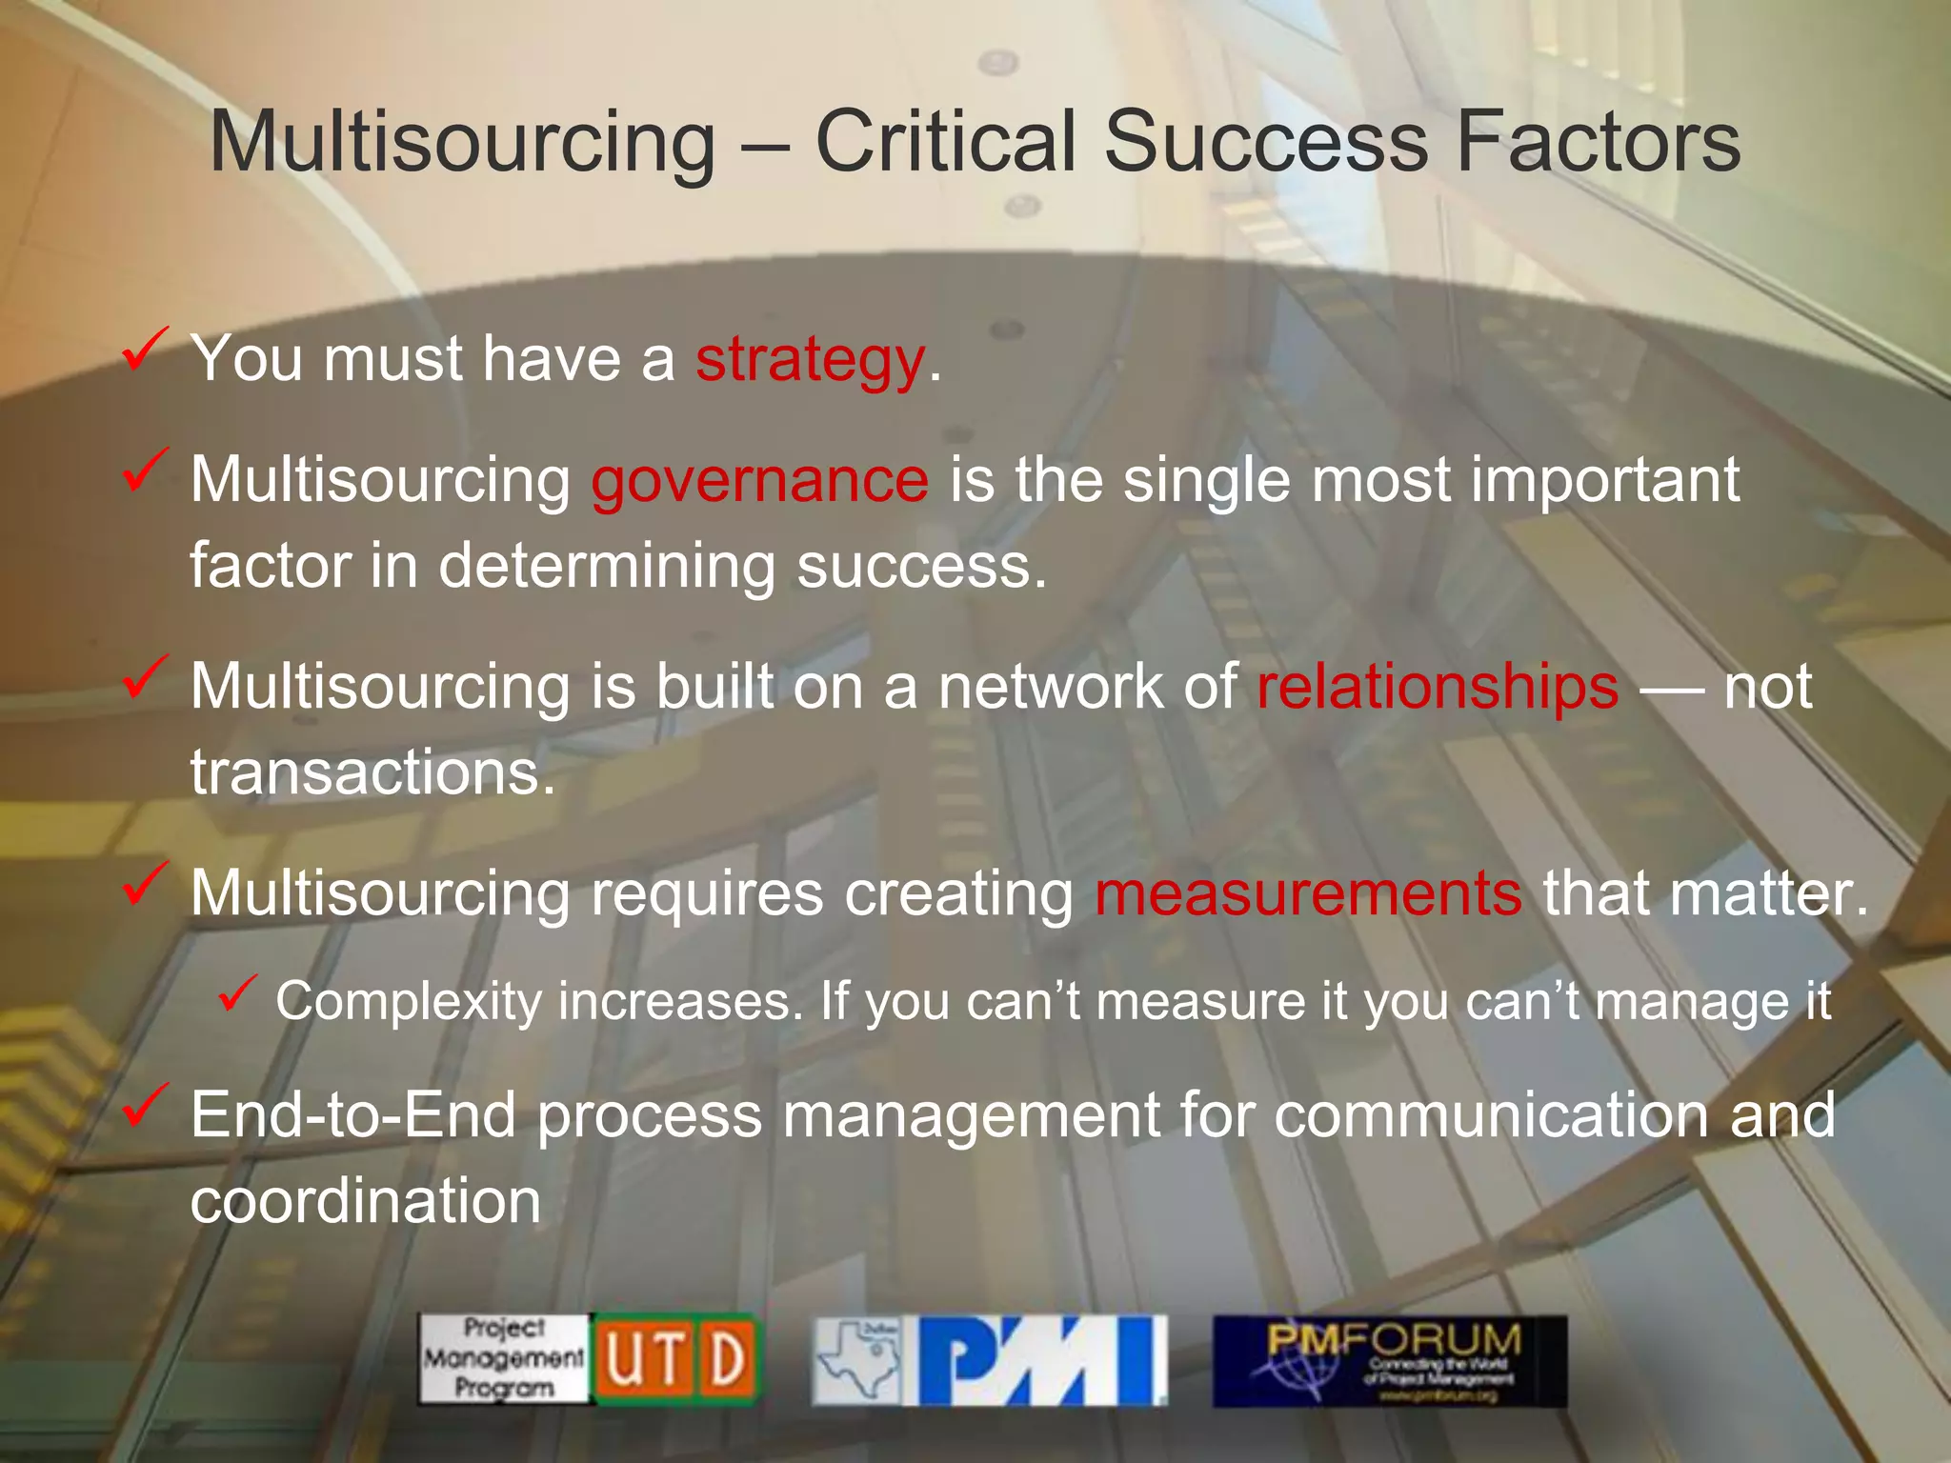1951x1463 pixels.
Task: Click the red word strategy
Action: tap(810, 361)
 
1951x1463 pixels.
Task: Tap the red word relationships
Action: tap(1438, 687)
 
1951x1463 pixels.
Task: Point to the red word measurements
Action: tap(1308, 893)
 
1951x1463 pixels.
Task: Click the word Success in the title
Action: tap(1266, 142)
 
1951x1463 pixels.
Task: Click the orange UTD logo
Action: tap(675, 1359)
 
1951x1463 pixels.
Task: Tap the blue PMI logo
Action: tap(1041, 1360)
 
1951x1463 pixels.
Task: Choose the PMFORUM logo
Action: tap(1389, 1360)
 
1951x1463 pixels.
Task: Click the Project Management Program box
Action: tap(504, 1359)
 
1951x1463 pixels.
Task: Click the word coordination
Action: tap(366, 1201)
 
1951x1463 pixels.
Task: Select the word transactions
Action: tap(372, 772)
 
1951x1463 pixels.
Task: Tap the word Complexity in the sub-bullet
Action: tap(409, 1002)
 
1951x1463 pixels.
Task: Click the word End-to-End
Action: tap(352, 1114)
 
